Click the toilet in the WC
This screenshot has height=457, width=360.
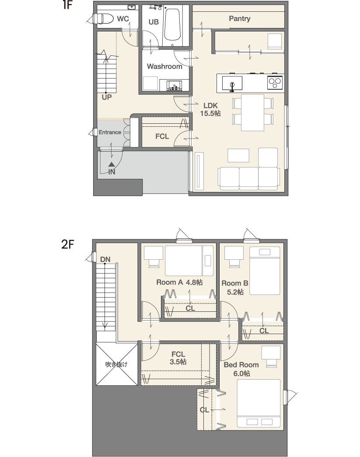coord(103,19)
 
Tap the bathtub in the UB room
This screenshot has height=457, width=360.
coord(172,24)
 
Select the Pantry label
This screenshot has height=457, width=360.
coord(240,19)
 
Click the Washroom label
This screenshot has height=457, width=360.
coord(164,66)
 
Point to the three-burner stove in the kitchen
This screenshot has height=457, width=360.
coord(275,82)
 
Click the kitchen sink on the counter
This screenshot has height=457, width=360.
coord(232,83)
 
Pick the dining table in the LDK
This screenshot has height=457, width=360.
coord(252,112)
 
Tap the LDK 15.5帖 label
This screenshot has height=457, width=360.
coord(210,110)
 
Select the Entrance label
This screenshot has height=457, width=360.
coord(110,133)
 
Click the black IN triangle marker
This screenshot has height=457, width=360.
coord(112,165)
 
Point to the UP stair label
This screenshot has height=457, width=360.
coord(107,97)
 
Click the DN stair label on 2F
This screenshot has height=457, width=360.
coord(105,259)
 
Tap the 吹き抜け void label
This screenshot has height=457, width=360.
coord(116,364)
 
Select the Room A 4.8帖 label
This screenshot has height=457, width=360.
coord(179,282)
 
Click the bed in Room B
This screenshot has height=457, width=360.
coord(265,271)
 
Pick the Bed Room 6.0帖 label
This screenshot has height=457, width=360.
coord(241,369)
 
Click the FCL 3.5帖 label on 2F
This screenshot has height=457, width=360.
coord(178,358)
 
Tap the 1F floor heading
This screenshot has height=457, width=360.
coord(67,5)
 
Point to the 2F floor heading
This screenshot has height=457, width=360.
coord(67,244)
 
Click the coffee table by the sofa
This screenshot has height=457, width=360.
coord(238,155)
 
